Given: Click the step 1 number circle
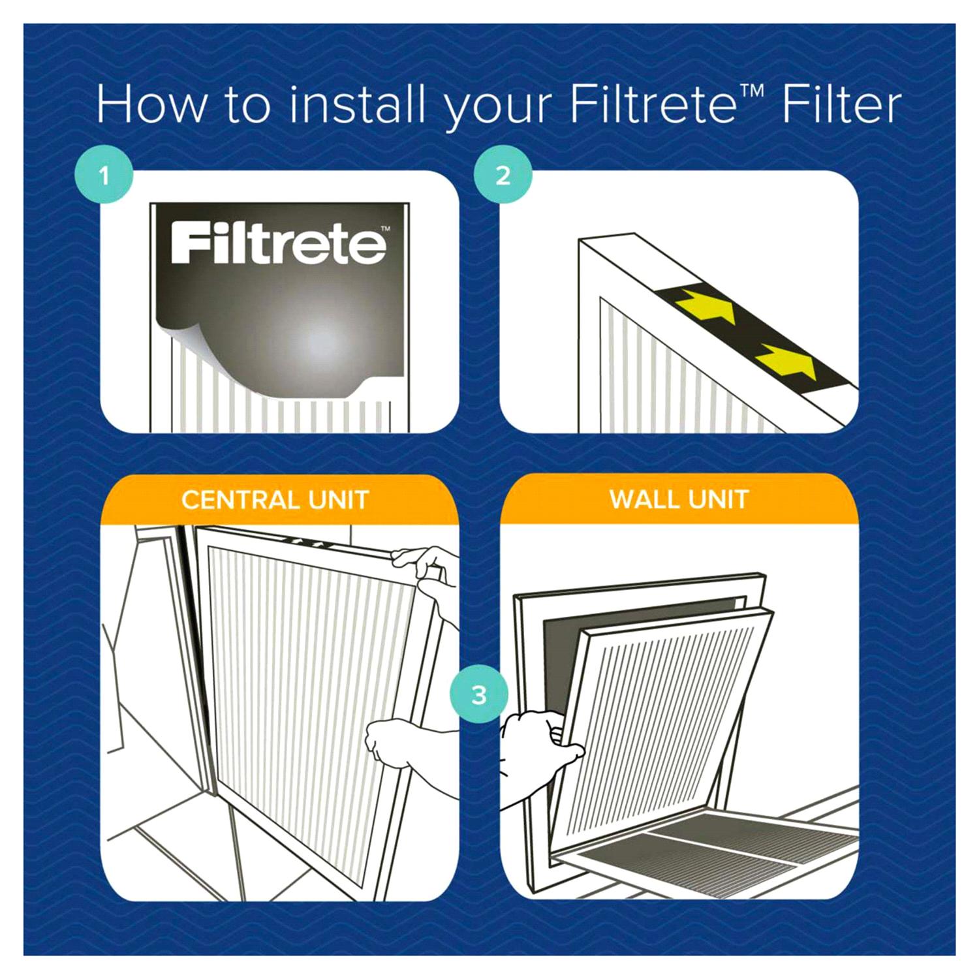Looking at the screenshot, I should [x=104, y=175].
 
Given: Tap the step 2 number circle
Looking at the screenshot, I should [x=503, y=175].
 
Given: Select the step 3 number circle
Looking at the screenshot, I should [x=479, y=694].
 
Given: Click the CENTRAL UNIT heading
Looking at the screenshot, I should [x=275, y=501].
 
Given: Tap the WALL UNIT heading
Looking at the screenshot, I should [x=679, y=500].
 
